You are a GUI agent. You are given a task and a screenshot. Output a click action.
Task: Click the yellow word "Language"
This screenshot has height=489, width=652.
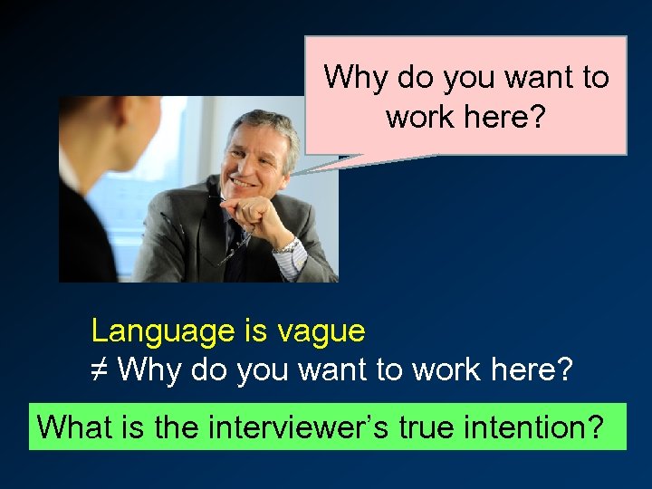[x=163, y=331]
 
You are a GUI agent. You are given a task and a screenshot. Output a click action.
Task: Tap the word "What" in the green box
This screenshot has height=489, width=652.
[x=73, y=426]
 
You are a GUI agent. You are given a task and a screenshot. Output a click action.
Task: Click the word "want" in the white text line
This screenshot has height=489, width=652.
[x=312, y=370]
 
